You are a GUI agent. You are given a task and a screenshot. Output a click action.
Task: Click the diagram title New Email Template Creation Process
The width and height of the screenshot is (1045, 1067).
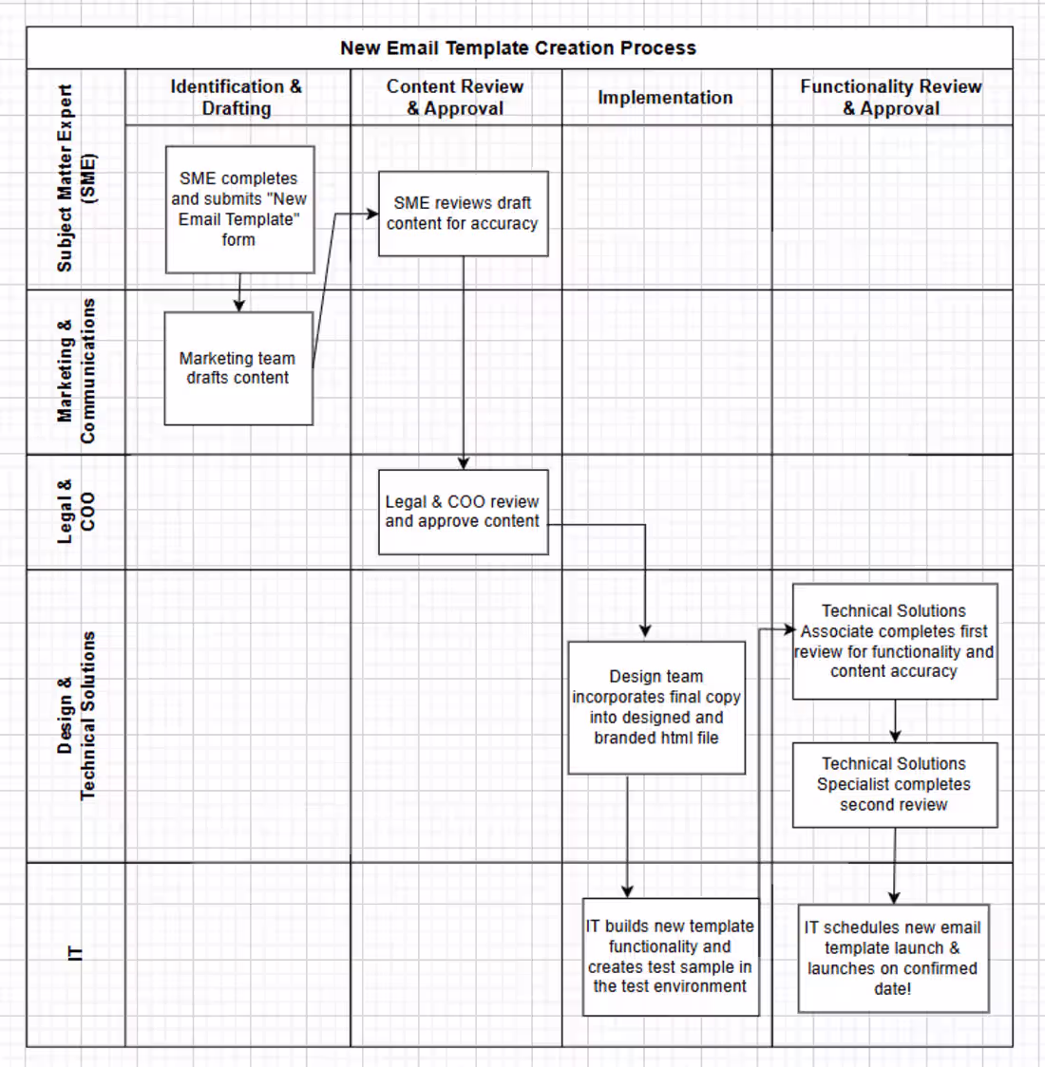tap(518, 48)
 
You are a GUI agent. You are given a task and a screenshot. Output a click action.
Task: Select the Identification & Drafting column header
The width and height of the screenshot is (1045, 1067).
tap(237, 98)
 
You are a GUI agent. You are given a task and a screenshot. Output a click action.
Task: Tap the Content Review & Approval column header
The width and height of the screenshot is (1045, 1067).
tap(455, 98)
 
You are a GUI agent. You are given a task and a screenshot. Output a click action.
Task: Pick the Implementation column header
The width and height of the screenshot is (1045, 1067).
tap(665, 98)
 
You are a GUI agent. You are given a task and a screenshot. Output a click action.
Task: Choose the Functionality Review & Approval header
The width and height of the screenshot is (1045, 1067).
tap(891, 98)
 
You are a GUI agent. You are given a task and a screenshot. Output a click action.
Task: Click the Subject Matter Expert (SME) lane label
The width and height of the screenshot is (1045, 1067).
tap(76, 178)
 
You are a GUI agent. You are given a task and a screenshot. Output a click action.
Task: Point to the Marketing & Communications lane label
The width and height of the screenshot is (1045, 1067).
tap(76, 371)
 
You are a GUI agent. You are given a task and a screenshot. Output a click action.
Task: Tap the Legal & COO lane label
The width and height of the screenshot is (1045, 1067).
tap(76, 512)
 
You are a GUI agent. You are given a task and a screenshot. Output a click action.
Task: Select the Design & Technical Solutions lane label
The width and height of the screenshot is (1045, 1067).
tap(76, 716)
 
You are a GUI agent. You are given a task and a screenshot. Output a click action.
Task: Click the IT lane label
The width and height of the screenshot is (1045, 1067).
tap(76, 953)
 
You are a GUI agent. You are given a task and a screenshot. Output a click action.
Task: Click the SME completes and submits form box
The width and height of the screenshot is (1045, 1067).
tap(239, 210)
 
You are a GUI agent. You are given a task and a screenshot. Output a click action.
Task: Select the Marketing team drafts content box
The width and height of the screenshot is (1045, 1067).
tap(239, 369)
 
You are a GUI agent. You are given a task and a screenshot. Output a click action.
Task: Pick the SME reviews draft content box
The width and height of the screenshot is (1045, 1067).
tap(463, 214)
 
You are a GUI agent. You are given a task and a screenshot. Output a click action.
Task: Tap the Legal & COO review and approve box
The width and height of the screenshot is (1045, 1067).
tap(463, 512)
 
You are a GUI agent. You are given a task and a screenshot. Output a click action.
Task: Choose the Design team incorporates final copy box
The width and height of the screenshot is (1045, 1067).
tap(656, 708)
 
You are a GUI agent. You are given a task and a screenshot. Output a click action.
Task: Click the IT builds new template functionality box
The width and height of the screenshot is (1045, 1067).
tap(671, 957)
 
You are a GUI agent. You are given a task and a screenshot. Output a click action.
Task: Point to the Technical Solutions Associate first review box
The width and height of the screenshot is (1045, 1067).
tap(895, 641)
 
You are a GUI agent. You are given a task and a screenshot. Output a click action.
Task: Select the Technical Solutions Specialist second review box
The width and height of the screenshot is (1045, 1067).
tap(895, 785)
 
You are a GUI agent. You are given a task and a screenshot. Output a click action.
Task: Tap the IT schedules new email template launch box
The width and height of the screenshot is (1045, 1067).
tap(893, 958)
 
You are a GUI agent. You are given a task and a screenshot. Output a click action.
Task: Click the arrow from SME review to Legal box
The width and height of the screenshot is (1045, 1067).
tap(464, 363)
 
